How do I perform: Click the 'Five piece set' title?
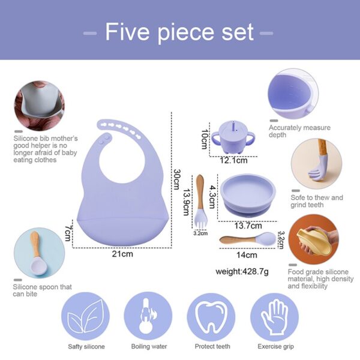pyautogui.click(x=179, y=32)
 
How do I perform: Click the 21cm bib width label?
pyautogui.click(x=122, y=254)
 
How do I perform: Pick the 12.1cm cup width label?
pyautogui.click(x=233, y=161)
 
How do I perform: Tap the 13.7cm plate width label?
pyautogui.click(x=247, y=226)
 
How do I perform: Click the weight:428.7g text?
pyautogui.click(x=242, y=272)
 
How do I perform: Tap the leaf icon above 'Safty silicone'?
pyautogui.click(x=85, y=317)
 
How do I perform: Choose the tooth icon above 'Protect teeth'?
pyautogui.click(x=211, y=317)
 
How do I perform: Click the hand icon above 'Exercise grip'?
pyautogui.click(x=274, y=317)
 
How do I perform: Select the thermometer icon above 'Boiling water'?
pyautogui.click(x=148, y=317)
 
